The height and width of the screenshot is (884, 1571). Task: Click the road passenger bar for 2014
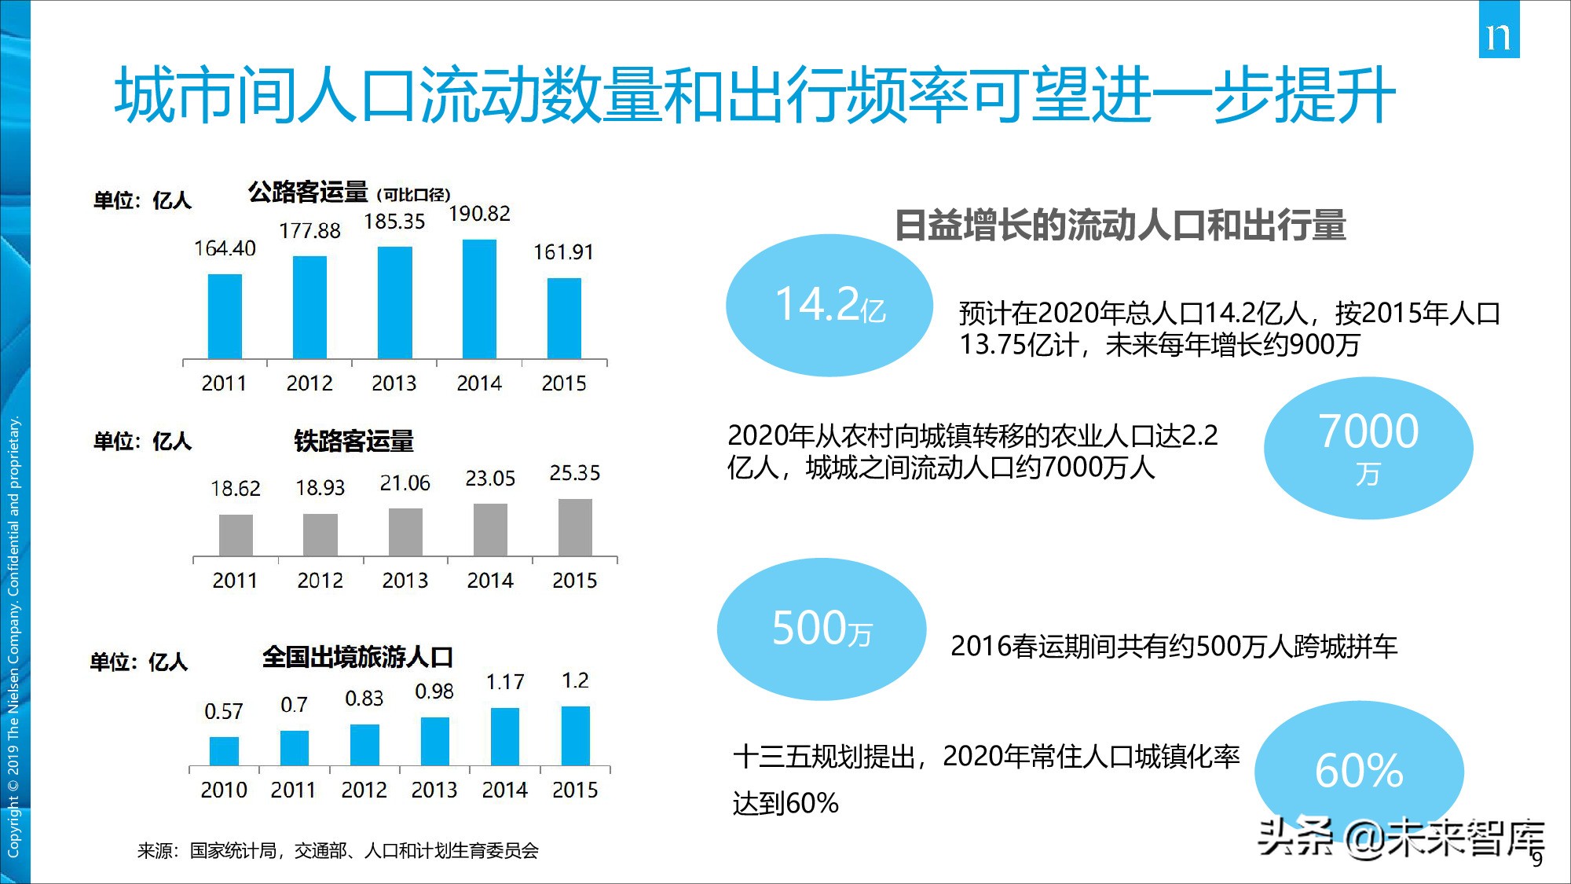point(479,299)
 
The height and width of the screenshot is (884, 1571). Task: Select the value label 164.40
point(225,248)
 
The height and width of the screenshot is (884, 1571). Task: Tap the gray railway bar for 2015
point(575,527)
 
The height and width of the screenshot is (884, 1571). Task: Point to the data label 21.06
point(405,483)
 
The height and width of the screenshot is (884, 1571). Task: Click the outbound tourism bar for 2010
point(224,750)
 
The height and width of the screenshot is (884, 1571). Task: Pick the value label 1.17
point(504,682)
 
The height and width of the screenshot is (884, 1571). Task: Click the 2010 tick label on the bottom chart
point(224,790)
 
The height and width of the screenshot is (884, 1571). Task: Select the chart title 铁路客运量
point(353,441)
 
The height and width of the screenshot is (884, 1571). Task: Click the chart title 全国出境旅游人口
point(357,656)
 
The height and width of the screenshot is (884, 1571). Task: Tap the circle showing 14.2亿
point(829,305)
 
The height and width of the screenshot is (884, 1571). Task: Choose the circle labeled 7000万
point(1368,448)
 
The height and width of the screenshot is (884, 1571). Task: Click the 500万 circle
point(822,629)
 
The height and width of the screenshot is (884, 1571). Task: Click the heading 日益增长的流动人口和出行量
point(1120,225)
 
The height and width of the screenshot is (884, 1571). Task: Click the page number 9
point(1537,860)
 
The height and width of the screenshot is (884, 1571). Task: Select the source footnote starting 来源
point(338,850)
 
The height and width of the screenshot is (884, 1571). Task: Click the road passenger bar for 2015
point(564,318)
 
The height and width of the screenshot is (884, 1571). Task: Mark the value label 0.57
point(224,711)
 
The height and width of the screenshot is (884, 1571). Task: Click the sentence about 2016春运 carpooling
point(1174,646)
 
